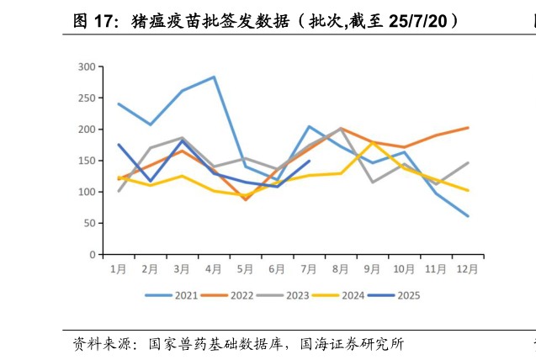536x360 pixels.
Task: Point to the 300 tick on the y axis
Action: click(x=87, y=66)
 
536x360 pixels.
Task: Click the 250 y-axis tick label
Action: click(x=87, y=98)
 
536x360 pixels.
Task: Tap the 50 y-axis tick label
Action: click(x=90, y=223)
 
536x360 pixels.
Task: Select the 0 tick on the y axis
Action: click(x=93, y=254)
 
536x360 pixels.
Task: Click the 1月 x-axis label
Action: click(x=119, y=269)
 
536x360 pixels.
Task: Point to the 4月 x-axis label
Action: click(x=214, y=269)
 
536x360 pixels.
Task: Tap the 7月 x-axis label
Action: click(x=309, y=269)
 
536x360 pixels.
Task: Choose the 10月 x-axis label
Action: click(x=404, y=269)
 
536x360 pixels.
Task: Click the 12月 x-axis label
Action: click(x=468, y=269)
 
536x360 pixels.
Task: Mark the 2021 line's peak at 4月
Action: click(x=214, y=77)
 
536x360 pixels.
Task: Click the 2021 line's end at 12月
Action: click(x=468, y=216)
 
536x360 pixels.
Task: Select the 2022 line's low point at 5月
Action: click(x=246, y=199)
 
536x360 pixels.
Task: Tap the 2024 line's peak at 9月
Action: click(x=373, y=143)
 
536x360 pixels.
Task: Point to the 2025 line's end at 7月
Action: click(x=309, y=161)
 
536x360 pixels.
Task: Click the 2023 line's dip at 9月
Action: click(x=373, y=182)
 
